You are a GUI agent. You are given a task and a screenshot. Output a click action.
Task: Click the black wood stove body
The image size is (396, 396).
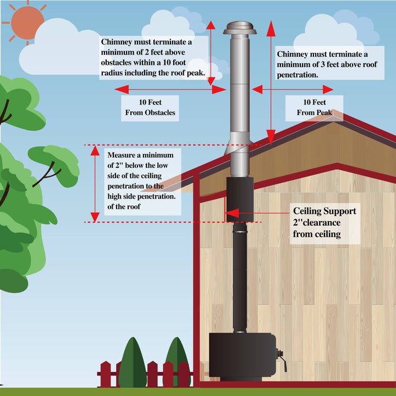[x=242, y=354]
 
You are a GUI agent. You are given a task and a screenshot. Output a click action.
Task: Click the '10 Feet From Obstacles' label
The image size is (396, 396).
[x=150, y=108]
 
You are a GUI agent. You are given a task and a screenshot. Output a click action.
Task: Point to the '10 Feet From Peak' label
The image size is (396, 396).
[x=315, y=108]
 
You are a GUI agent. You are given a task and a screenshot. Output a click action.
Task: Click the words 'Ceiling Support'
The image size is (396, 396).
[x=324, y=211]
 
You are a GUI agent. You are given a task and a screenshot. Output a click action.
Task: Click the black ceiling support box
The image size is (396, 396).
[x=239, y=199]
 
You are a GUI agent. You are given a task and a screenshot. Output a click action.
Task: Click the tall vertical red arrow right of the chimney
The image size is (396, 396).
[x=271, y=82]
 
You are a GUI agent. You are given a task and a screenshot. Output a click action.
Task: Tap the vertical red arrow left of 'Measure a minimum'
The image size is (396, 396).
[x=95, y=184]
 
